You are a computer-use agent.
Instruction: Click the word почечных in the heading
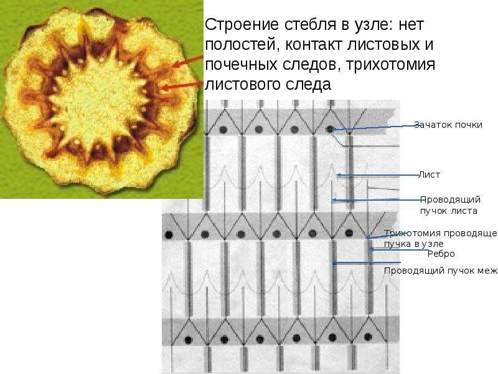tap(240, 64)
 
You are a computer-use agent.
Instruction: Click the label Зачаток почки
tap(448, 125)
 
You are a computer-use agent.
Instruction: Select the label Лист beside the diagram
tap(430, 175)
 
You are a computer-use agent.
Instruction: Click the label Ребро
tap(441, 254)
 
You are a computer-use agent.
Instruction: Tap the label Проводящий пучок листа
tap(449, 205)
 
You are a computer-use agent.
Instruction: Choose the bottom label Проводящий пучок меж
tap(441, 271)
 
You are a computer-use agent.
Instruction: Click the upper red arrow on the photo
tap(187, 60)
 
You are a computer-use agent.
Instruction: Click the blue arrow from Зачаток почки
tap(374, 127)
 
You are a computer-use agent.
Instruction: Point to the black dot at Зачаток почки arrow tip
tap(331, 129)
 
